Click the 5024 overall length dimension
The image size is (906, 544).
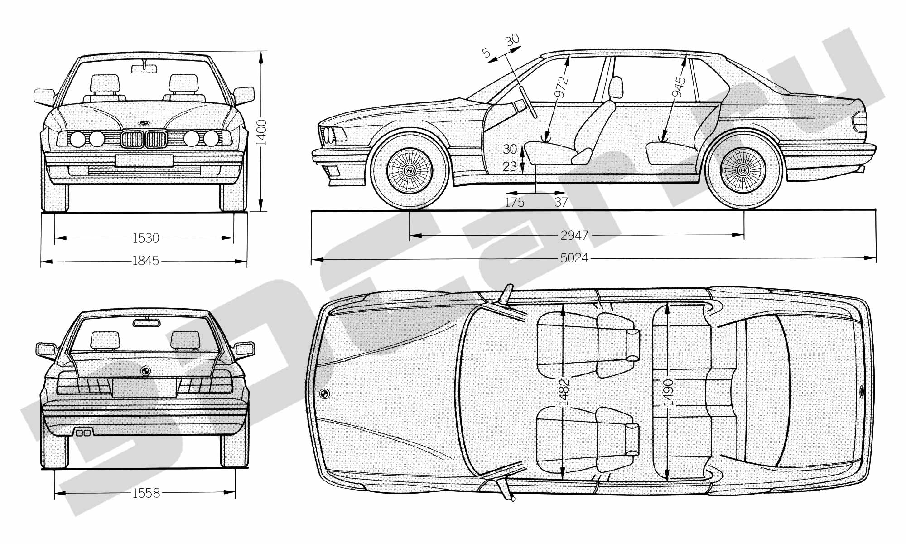[574, 258]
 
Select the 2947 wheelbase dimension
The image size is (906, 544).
[574, 235]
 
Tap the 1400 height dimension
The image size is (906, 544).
[262, 132]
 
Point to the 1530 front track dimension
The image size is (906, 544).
[146, 238]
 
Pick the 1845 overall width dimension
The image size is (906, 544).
[145, 261]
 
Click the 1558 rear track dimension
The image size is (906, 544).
[146, 493]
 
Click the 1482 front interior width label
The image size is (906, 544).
[563, 392]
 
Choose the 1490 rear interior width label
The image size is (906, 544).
[668, 392]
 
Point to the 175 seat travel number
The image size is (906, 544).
[515, 202]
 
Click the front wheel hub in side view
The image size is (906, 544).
[409, 170]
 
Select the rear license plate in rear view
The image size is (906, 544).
[144, 388]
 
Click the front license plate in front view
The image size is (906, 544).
[144, 160]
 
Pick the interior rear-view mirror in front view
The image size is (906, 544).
[144, 68]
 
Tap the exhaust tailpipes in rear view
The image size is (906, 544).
[83, 432]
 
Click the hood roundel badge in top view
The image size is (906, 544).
[324, 393]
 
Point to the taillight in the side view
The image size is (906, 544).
[859, 121]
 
